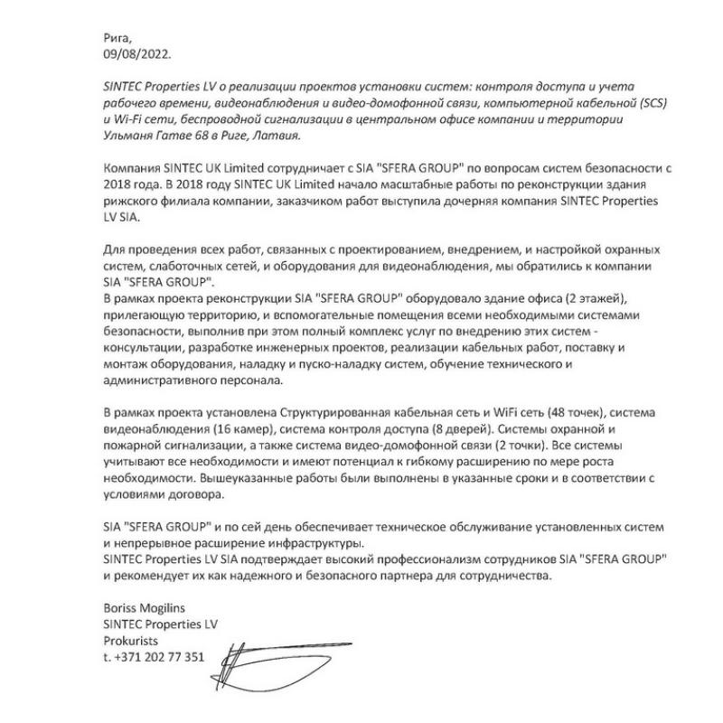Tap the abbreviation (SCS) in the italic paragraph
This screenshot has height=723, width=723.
click(x=646, y=104)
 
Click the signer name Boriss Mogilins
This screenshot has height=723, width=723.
click(x=148, y=609)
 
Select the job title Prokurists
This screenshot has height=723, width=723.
click(x=131, y=642)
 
